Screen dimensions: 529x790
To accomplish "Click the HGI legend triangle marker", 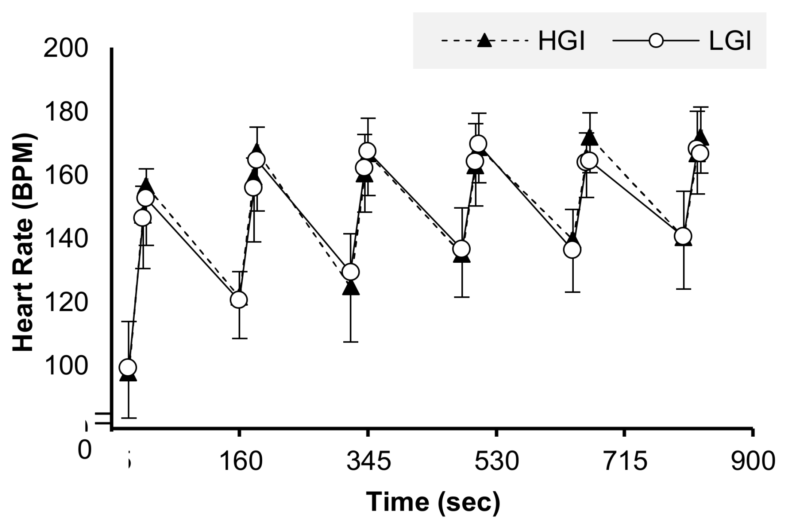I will click(484, 40).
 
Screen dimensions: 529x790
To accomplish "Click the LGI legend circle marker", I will click(656, 41).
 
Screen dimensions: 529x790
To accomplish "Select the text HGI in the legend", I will click(561, 42).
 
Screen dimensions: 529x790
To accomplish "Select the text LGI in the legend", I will click(730, 42).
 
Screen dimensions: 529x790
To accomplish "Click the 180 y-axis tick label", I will click(66, 112).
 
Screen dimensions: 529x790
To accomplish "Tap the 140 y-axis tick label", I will click(66, 239).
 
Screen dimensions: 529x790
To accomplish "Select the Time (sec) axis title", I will click(433, 502).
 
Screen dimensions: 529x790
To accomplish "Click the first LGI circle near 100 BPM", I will click(128, 367).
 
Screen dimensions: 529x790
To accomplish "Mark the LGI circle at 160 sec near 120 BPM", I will click(239, 299).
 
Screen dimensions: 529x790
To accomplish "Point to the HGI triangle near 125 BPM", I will click(351, 288).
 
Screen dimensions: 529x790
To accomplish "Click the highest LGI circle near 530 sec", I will click(478, 143).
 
